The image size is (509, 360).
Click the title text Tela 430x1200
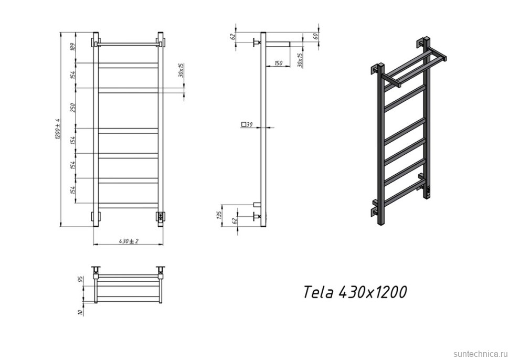354,292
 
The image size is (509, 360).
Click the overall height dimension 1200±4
58,129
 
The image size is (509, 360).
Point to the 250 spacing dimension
73,108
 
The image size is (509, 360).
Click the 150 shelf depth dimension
278,63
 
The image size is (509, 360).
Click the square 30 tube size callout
247,124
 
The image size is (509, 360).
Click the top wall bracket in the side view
257,41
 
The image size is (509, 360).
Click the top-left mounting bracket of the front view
96,40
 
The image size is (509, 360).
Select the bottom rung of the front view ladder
128,205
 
